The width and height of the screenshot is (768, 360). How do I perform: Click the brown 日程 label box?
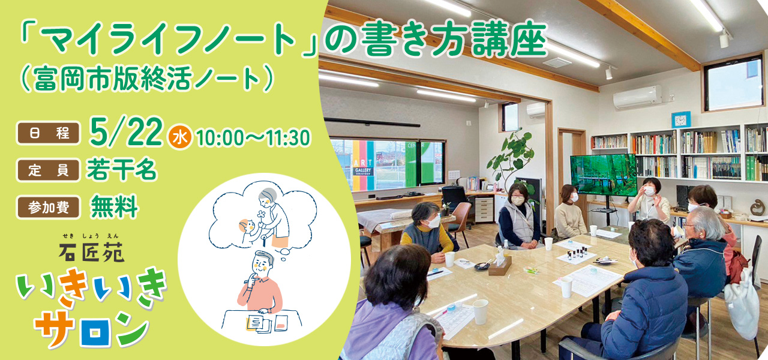click(49, 133)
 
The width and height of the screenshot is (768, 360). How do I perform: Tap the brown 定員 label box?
click(49, 170)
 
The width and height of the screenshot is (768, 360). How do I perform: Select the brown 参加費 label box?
click(49, 207)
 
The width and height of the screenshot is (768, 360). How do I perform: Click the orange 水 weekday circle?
click(180, 137)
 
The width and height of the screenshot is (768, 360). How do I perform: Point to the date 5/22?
click(126, 132)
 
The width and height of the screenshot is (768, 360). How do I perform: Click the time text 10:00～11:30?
click(253, 138)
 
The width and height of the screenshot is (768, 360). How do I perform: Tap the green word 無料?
click(114, 207)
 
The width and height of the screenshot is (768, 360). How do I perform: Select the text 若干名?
click(122, 170)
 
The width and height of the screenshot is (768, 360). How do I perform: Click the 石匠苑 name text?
click(92, 253)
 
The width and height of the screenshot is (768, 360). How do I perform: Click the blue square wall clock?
click(680, 119)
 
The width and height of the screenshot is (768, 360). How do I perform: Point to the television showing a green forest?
click(604, 175)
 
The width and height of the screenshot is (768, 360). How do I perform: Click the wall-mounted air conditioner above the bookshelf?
click(637, 97)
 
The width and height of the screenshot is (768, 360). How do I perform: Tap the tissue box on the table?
click(500, 265)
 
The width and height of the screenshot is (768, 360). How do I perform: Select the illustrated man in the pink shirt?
click(260, 283)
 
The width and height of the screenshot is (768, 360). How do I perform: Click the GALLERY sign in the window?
click(363, 171)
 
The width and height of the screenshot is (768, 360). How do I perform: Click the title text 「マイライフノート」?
click(169, 40)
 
